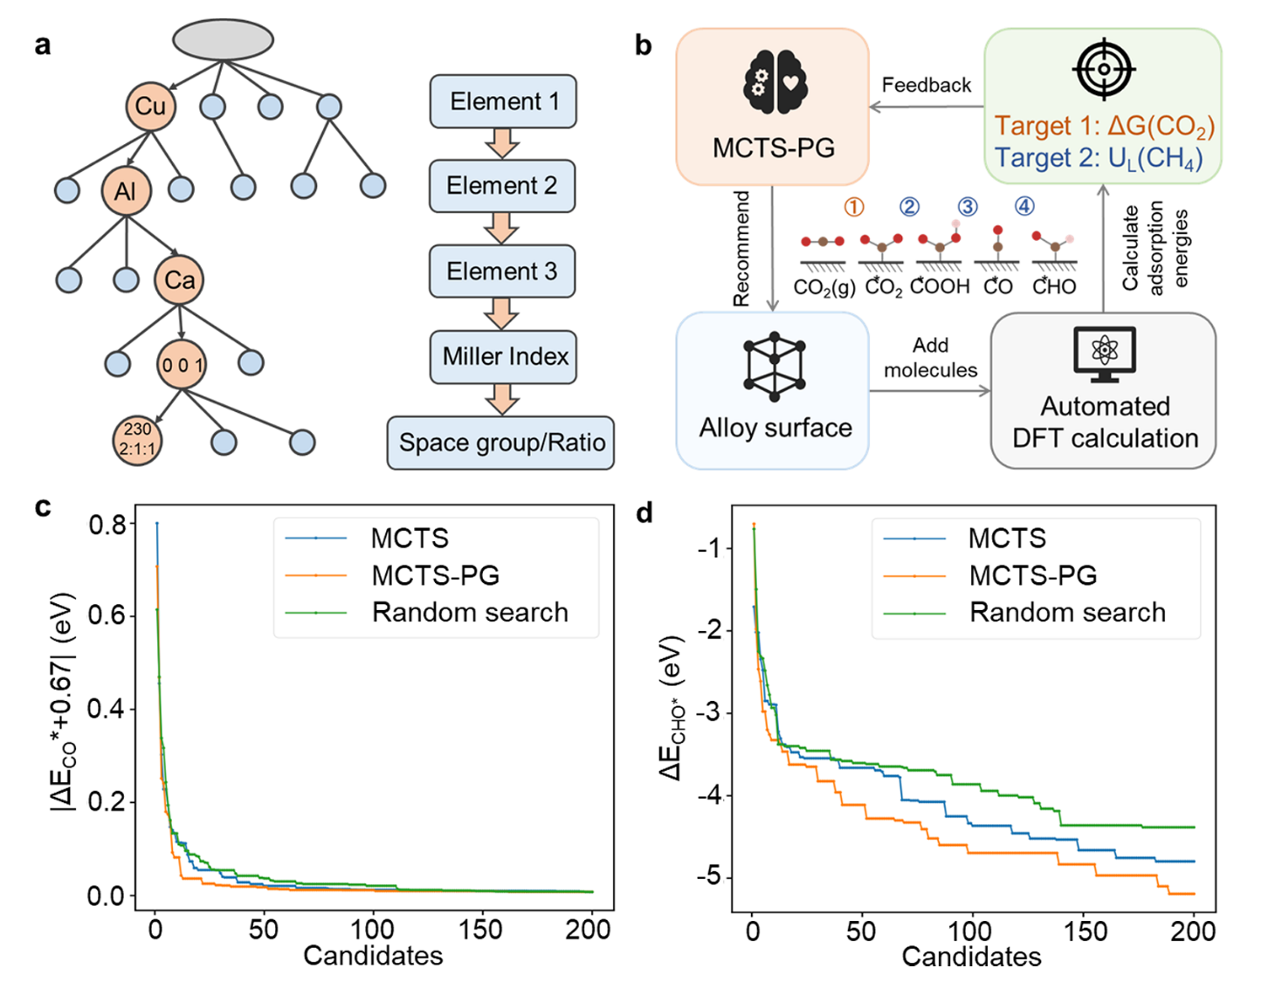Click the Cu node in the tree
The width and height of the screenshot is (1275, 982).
tap(150, 106)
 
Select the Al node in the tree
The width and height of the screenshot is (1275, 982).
tap(126, 191)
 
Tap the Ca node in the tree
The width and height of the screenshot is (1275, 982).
tap(179, 279)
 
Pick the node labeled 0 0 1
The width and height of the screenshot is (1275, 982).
tap(182, 365)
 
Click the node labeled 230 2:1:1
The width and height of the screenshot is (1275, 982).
tap(137, 440)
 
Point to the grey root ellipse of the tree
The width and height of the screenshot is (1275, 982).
tap(223, 39)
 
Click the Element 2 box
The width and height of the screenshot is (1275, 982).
tap(502, 186)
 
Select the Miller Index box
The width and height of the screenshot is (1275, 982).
tap(504, 357)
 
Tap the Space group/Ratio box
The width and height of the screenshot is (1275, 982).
tap(501, 443)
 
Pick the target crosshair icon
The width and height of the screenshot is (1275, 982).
tap(1104, 69)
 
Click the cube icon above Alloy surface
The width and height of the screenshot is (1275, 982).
tap(774, 367)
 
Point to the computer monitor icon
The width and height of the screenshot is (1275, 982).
tap(1104, 354)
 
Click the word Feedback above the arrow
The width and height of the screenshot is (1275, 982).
tap(926, 86)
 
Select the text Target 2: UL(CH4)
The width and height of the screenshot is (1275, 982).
tap(1099, 159)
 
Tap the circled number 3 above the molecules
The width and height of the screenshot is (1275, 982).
tap(967, 207)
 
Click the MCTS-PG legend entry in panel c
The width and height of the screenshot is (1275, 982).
tap(435, 575)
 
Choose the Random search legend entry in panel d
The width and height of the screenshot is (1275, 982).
tap(1067, 613)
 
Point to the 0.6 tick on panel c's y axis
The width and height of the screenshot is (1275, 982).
tap(107, 616)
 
